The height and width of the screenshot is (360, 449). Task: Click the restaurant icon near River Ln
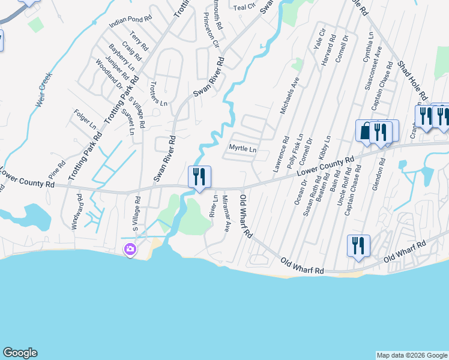coord(199,176)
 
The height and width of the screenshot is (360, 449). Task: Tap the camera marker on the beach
coord(130,249)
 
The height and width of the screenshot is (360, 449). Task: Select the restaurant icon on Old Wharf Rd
coord(358,245)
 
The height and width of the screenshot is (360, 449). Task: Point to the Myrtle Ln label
coord(243,149)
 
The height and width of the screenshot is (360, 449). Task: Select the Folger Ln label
coord(85,119)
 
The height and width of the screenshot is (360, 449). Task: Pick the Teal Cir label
coord(244,7)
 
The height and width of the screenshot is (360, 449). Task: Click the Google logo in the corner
coord(20,353)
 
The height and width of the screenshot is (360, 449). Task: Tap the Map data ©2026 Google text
coord(412,355)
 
